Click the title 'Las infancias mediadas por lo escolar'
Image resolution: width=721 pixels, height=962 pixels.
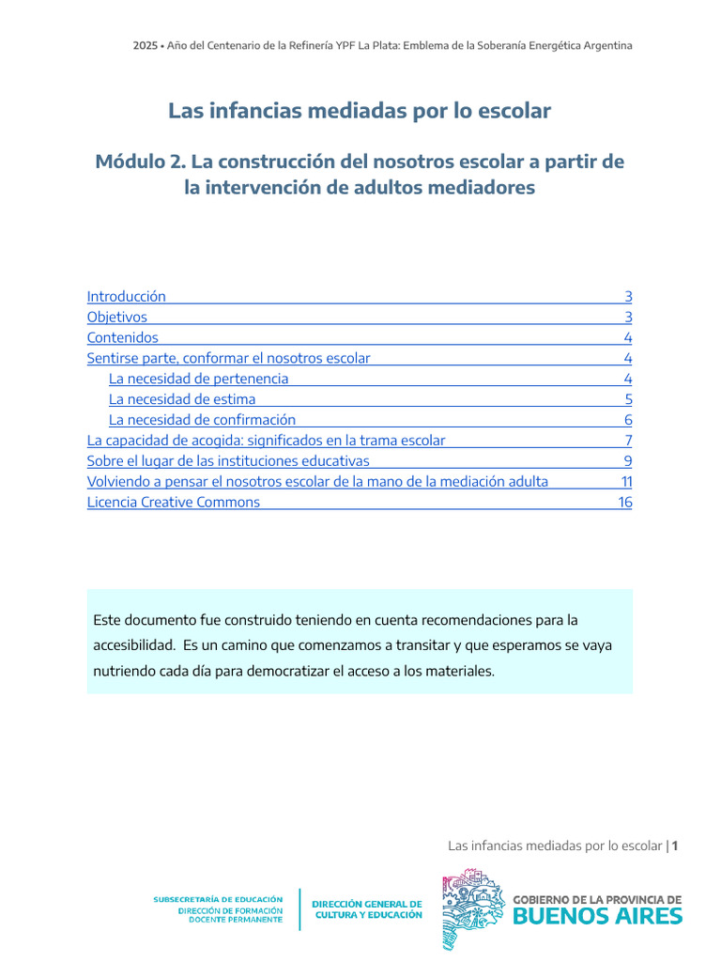(x=360, y=111)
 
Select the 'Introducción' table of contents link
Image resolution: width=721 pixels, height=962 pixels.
(x=126, y=296)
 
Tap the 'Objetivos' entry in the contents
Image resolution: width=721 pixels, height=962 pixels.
(x=117, y=317)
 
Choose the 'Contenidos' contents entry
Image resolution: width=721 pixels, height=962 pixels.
(x=123, y=337)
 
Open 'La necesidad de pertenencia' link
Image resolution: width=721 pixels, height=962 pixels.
(x=198, y=379)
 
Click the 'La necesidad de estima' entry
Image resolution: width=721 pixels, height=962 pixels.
(x=182, y=399)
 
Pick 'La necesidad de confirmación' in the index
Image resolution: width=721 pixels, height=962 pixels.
(x=202, y=420)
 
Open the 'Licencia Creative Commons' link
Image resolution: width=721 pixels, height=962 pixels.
(x=174, y=502)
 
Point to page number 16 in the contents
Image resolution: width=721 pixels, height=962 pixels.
(x=625, y=502)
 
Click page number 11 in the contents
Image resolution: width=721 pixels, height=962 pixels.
(x=626, y=481)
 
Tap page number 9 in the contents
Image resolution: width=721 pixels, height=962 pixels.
(x=628, y=460)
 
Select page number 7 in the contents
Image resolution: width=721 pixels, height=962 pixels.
(x=628, y=440)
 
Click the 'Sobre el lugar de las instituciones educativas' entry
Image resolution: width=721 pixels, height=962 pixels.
(x=228, y=460)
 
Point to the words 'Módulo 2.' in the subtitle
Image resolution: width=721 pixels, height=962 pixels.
(x=133, y=162)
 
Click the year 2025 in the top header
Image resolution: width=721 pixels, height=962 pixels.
(x=145, y=45)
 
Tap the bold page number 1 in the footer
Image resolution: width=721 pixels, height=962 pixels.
(x=675, y=846)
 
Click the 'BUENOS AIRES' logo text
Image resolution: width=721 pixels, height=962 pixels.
(x=598, y=915)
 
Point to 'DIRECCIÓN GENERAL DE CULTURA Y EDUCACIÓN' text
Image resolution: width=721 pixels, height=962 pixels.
(x=367, y=909)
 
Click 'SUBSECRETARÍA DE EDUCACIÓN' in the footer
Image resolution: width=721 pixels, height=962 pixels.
(x=218, y=899)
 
